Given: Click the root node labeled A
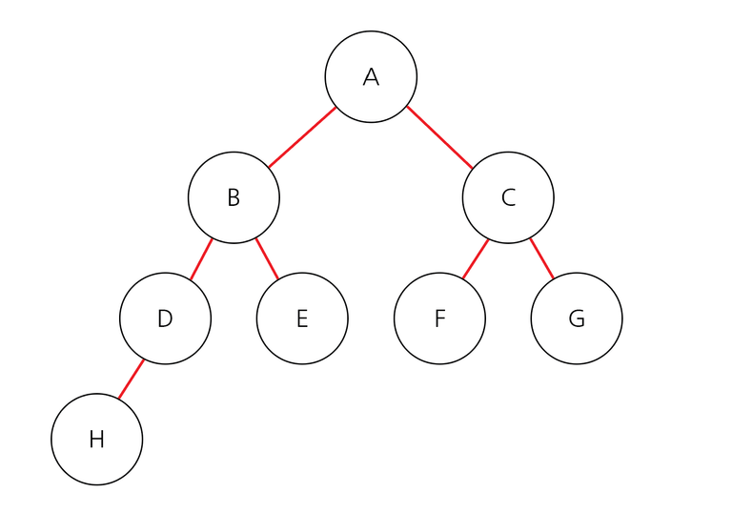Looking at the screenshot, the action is point(371,77).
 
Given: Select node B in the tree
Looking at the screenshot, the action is point(234,197).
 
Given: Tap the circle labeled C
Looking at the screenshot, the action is point(508,197).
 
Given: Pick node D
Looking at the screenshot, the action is point(165,318).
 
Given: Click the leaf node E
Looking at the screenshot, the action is point(302,318).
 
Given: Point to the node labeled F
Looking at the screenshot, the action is point(439,318).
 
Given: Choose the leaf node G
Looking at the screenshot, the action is point(577,318).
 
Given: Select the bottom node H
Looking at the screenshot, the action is point(96,440).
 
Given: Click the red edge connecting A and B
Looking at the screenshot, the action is point(302,137).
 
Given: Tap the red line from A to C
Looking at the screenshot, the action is point(439,137).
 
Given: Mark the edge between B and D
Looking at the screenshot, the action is point(201,259).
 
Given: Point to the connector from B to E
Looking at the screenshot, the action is point(267,259).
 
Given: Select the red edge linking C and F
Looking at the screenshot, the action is point(476,259).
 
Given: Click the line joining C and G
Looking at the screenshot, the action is point(542,258).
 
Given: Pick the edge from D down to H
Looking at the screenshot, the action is point(131,380).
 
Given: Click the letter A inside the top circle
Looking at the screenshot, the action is point(371,77).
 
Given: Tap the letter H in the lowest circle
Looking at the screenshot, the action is point(96,440).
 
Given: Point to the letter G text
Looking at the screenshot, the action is point(577,318).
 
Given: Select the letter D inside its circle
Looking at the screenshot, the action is point(165,318).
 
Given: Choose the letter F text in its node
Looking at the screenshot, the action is point(439,318).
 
